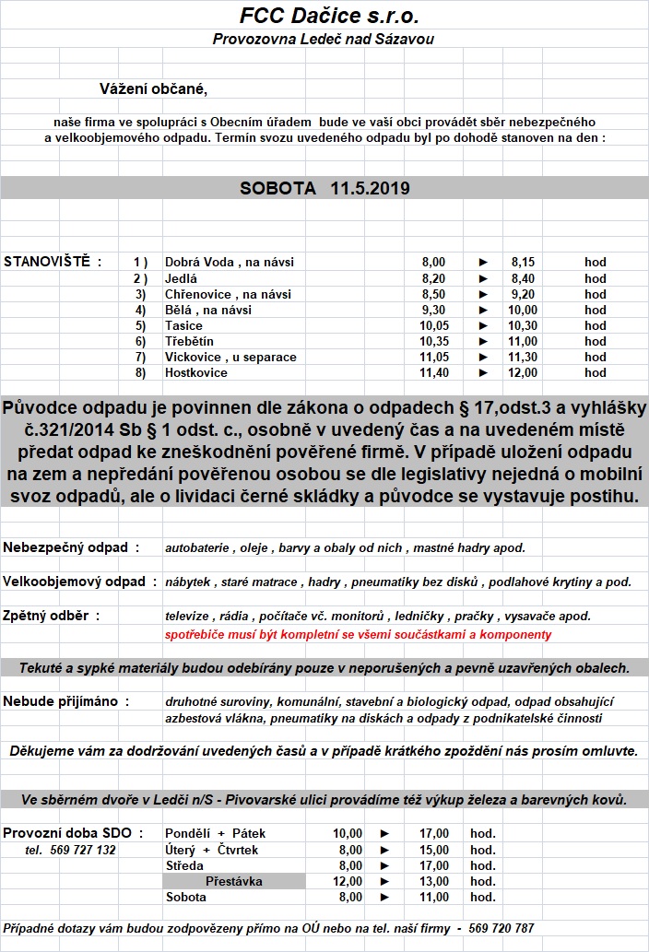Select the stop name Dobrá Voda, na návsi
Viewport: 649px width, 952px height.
tap(229, 263)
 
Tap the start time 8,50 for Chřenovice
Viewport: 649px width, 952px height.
tap(432, 294)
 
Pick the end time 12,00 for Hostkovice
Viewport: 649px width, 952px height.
tap(524, 372)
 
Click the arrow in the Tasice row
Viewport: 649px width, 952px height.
tap(483, 325)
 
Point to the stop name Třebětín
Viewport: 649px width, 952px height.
tap(189, 341)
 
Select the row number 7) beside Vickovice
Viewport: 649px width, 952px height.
tap(140, 357)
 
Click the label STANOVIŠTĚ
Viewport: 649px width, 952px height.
tap(53, 262)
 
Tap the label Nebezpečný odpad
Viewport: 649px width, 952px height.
tap(71, 547)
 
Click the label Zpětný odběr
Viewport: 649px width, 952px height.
tap(52, 616)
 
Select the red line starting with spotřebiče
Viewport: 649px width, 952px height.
tap(358, 634)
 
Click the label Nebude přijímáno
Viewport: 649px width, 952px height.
tap(66, 701)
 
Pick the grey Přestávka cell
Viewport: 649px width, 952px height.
tap(234, 881)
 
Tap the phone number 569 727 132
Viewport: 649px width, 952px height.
tap(70, 850)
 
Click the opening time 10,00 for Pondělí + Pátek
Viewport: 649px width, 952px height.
tap(348, 833)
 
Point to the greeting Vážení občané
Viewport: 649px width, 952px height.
tap(154, 89)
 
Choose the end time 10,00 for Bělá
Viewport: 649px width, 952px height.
tap(523, 310)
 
